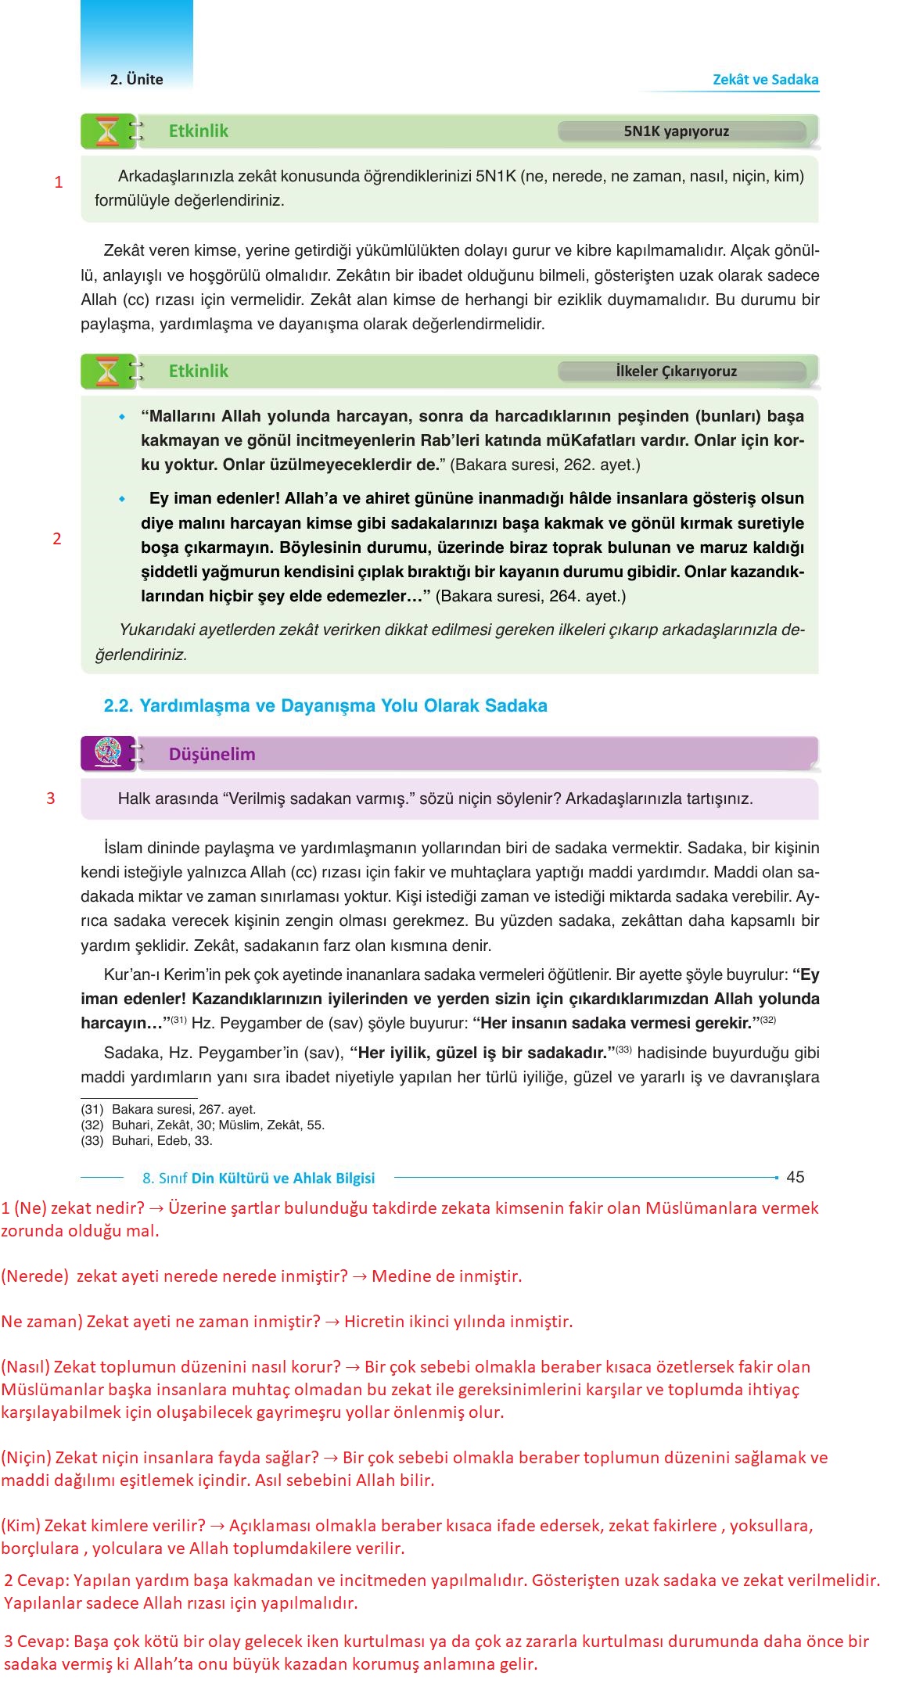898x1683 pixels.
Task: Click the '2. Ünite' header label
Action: click(x=136, y=79)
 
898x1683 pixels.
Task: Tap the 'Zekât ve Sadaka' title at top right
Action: click(x=765, y=79)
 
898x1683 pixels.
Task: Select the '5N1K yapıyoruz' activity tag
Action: click(x=676, y=131)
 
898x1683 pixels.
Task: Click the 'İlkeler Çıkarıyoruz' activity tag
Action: click(x=676, y=371)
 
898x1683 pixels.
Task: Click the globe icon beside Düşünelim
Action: click(x=106, y=753)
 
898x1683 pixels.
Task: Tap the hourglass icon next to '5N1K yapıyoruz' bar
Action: click(x=107, y=131)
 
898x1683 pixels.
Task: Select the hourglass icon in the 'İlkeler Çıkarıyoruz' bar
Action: click(x=107, y=371)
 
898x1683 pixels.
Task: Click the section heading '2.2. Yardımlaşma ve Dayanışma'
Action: click(x=325, y=705)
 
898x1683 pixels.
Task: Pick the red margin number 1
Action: click(x=59, y=183)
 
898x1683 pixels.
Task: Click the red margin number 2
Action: click(x=57, y=539)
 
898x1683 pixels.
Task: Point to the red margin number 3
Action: click(x=51, y=798)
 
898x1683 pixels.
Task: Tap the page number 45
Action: click(x=795, y=1177)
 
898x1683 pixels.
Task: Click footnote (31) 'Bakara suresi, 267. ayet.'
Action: click(x=168, y=1109)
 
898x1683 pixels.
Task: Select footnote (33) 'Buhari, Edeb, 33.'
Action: click(x=146, y=1140)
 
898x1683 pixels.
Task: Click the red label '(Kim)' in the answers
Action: click(x=21, y=1525)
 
